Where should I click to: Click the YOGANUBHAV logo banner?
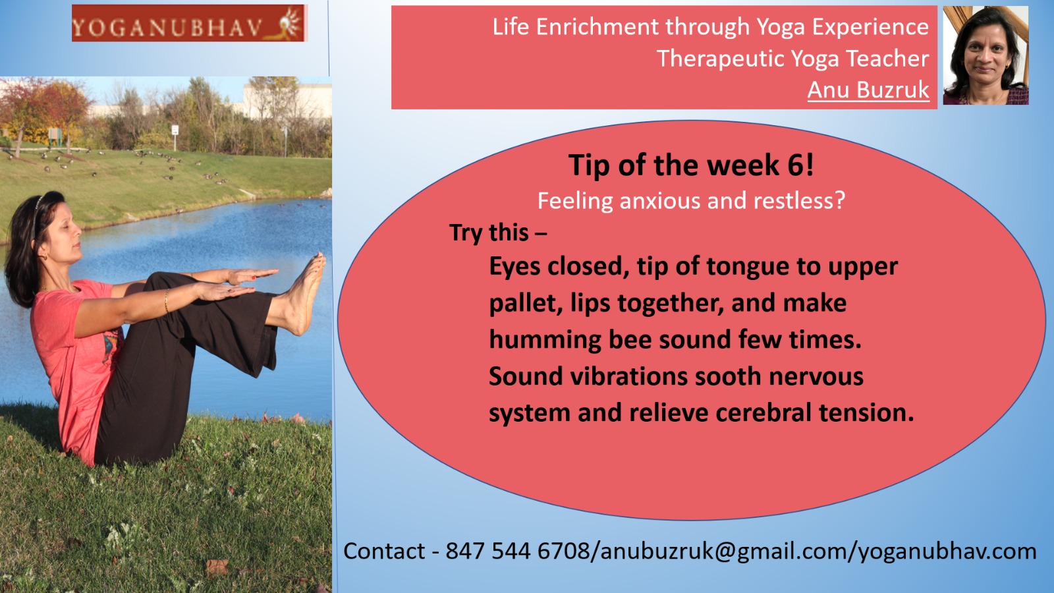point(189,24)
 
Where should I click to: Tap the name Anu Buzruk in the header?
point(868,90)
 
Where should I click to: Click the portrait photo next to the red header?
point(985,55)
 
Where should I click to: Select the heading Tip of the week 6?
point(691,165)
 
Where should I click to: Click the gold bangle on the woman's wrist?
point(166,300)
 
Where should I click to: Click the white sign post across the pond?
point(175,136)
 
